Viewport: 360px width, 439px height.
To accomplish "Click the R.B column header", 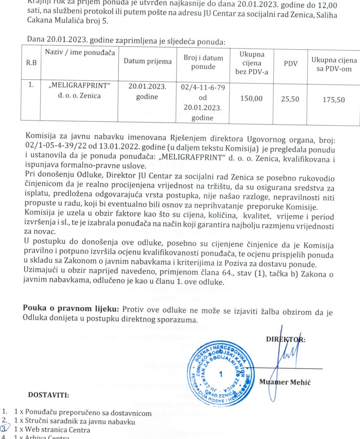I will click(31, 63).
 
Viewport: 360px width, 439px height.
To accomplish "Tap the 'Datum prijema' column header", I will click(147, 61).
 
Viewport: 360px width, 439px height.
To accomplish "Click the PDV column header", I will click(291, 63).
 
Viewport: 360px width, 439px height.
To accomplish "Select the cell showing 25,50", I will click(290, 99).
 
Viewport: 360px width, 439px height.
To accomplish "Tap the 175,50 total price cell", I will click(333, 99).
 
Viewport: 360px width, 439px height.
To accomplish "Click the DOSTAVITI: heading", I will click(48, 395).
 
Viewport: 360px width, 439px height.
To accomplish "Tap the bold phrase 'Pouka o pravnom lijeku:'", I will click(71, 309).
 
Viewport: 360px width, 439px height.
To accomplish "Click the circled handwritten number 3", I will click(4, 429).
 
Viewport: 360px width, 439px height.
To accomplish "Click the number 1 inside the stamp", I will click(221, 374).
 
